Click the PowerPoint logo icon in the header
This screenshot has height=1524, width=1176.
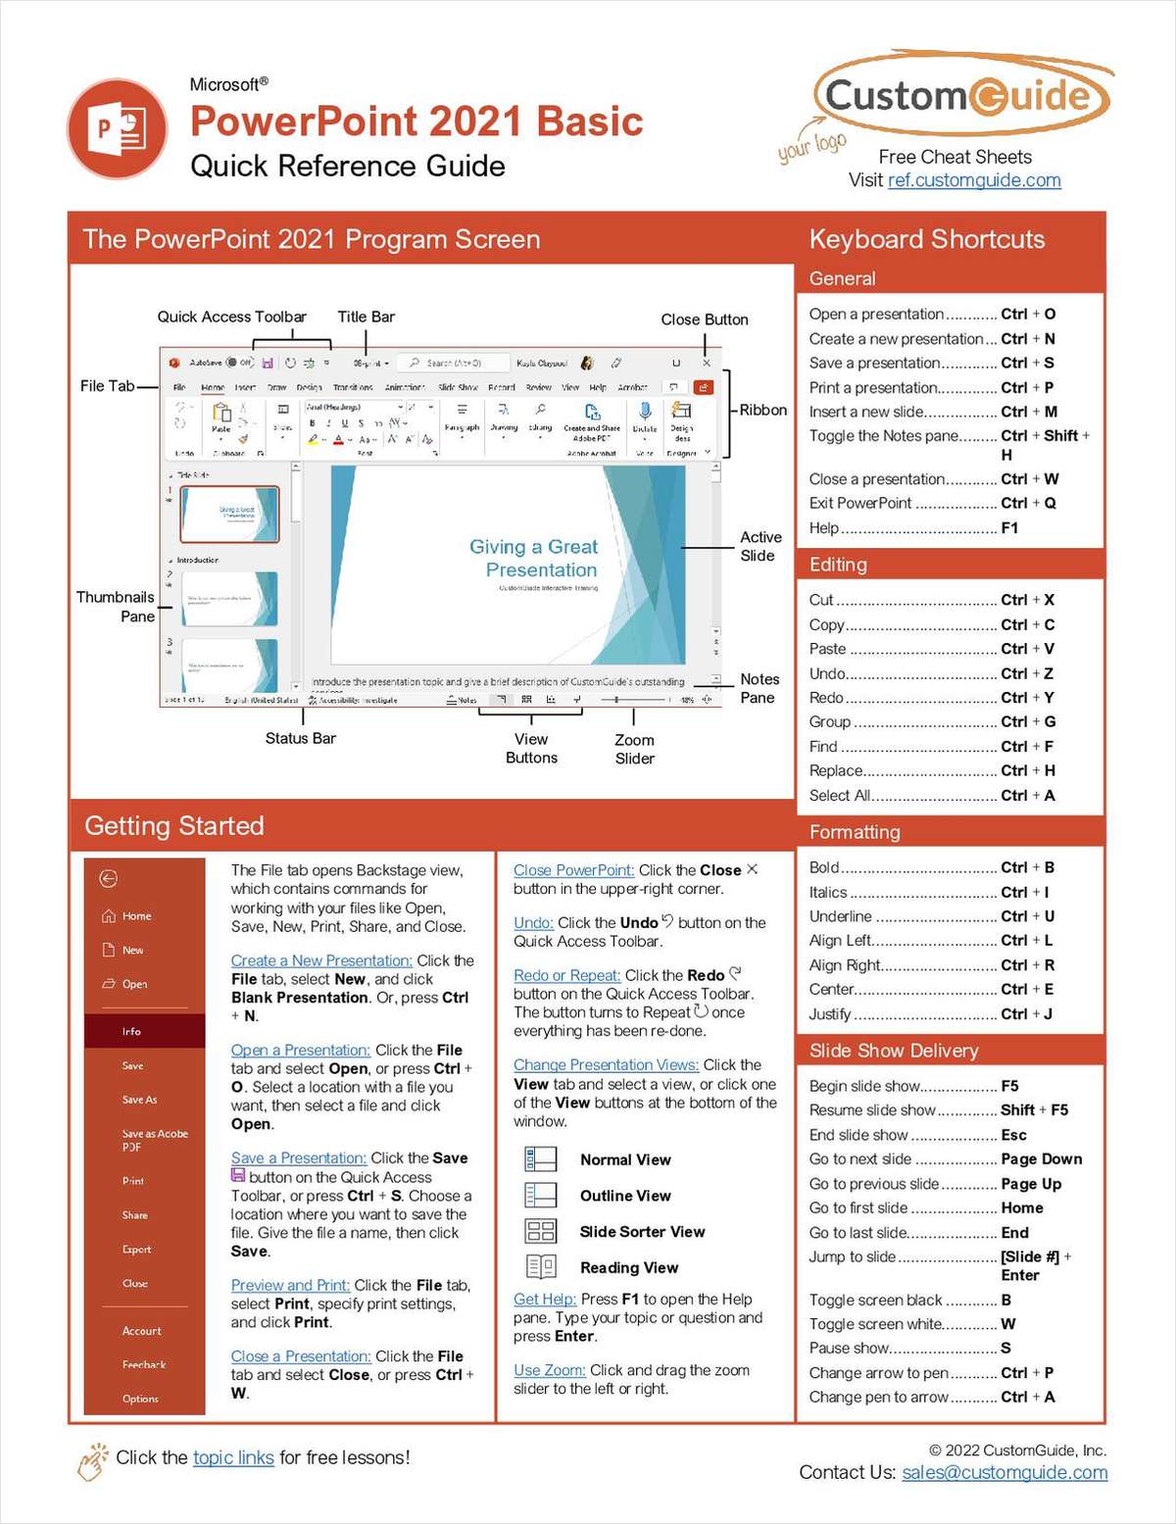tap(118, 129)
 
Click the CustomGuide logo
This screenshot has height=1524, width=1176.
tap(959, 96)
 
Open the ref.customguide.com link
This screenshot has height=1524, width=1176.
tap(973, 180)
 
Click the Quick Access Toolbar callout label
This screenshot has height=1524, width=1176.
tap(231, 317)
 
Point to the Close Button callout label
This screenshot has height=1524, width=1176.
tap(704, 320)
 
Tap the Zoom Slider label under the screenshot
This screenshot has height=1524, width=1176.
tap(634, 749)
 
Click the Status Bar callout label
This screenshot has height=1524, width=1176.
tap(300, 738)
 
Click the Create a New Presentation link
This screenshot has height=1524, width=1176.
tap(321, 960)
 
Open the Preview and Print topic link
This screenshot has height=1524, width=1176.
tap(290, 1285)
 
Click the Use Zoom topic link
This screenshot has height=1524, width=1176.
tap(549, 1370)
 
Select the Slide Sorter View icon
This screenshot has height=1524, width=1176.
tap(540, 1231)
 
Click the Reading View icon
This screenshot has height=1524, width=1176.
tap(540, 1267)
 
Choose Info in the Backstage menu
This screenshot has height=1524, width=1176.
tap(131, 1031)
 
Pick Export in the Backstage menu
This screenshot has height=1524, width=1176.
tap(136, 1249)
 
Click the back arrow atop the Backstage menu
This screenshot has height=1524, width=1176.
tap(109, 878)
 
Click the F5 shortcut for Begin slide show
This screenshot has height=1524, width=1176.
tap(1009, 1086)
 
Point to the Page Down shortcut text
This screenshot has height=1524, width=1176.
tap(1041, 1158)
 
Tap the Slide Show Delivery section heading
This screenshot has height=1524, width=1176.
tap(894, 1051)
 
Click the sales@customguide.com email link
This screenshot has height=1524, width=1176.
tap(1004, 1472)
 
